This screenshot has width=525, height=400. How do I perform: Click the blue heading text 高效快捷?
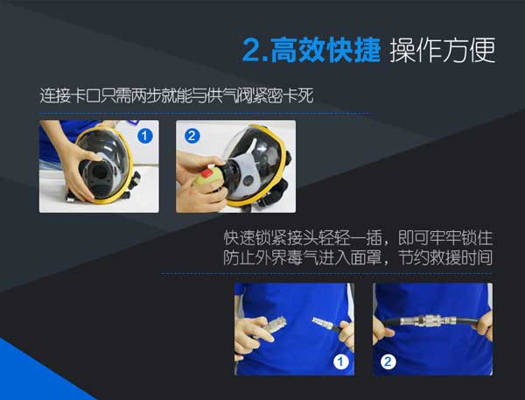325,50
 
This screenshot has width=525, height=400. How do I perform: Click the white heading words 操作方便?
442,50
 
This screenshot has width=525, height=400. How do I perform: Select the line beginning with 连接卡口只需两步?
177,95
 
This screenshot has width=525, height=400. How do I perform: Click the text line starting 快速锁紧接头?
358,238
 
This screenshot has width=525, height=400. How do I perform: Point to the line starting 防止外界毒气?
358,257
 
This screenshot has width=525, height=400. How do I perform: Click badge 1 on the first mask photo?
145,136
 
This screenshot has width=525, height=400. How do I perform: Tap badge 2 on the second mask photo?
192,136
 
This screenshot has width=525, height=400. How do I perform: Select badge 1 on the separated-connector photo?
341,361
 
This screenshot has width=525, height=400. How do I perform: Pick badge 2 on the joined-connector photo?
388,361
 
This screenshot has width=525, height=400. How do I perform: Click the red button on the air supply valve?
206,174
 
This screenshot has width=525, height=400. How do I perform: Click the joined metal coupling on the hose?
432,321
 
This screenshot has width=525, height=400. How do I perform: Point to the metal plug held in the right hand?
323,322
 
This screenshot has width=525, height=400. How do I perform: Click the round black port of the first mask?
99,172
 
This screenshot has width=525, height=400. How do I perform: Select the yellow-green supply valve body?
207,180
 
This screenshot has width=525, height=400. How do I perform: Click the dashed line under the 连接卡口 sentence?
205,114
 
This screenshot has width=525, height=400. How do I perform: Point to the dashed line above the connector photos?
326,274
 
